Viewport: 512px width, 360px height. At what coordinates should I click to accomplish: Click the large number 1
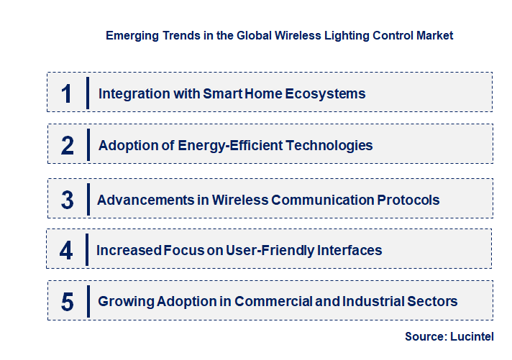pyautogui.click(x=67, y=93)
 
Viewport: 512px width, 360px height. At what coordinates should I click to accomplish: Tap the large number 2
pyautogui.click(x=68, y=146)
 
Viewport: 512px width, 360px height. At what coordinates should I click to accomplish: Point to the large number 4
pyautogui.click(x=67, y=251)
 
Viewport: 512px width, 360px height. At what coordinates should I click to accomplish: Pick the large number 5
pyautogui.click(x=68, y=302)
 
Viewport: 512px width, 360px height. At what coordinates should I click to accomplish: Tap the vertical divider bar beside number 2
pyautogui.click(x=87, y=144)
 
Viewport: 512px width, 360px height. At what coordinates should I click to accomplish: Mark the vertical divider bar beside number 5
pyautogui.click(x=87, y=300)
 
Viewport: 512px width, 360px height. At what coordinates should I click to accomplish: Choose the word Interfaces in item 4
pyautogui.click(x=352, y=250)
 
